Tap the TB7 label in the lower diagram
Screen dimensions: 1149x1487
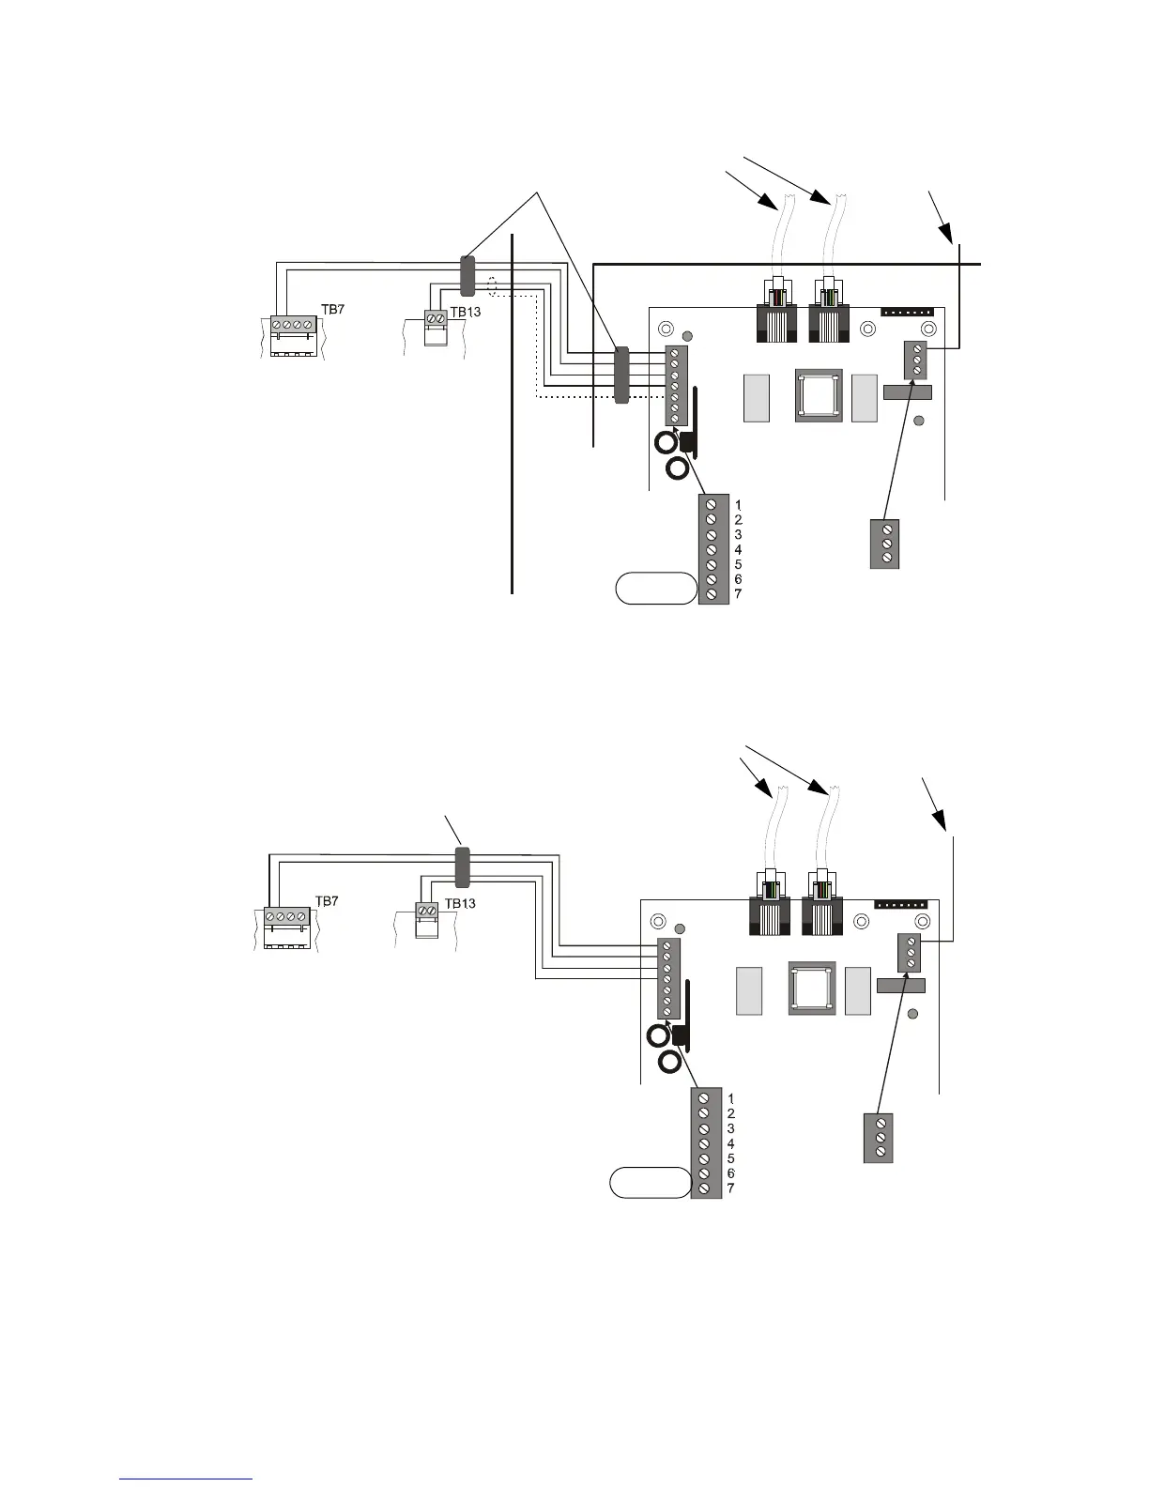[x=327, y=900]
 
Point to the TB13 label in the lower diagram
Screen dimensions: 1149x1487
[x=460, y=904]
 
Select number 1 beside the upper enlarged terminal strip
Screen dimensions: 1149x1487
[x=739, y=504]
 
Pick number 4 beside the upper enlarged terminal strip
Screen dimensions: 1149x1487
[x=739, y=549]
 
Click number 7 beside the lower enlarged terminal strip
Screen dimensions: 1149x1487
[x=730, y=1188]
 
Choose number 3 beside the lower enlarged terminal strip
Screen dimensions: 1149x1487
[x=730, y=1128]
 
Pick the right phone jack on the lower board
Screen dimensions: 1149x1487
[x=823, y=908]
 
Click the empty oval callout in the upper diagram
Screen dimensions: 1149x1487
[x=656, y=590]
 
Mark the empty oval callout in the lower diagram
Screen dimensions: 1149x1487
[x=650, y=1183]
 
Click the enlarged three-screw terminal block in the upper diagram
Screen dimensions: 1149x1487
[x=886, y=544]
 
